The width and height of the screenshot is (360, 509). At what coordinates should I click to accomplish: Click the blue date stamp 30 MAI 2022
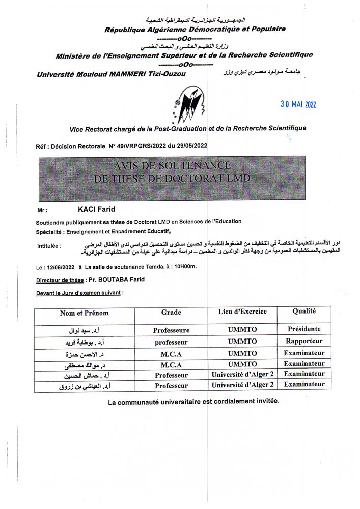tap(298, 104)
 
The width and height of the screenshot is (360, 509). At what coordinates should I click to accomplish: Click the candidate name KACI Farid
tap(96, 209)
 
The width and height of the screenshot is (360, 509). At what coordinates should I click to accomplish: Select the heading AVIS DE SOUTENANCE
tap(172, 166)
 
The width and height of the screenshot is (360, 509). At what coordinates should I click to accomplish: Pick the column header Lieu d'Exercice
tap(242, 312)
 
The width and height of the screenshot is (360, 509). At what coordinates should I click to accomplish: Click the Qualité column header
tap(304, 311)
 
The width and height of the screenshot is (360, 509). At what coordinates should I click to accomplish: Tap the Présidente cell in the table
tap(304, 329)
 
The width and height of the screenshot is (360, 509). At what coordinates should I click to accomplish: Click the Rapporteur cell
tap(304, 341)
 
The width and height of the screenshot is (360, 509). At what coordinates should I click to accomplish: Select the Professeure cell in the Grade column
tap(171, 330)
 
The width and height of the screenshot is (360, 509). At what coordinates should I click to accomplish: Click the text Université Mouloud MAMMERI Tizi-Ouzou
tap(112, 75)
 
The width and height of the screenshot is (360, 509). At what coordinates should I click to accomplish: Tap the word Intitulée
tap(49, 246)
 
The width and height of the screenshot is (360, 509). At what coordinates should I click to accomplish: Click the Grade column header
tap(171, 312)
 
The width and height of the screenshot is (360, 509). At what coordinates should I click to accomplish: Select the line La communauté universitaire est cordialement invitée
tap(193, 402)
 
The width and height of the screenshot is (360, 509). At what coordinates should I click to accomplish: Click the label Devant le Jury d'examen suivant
tap(79, 293)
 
